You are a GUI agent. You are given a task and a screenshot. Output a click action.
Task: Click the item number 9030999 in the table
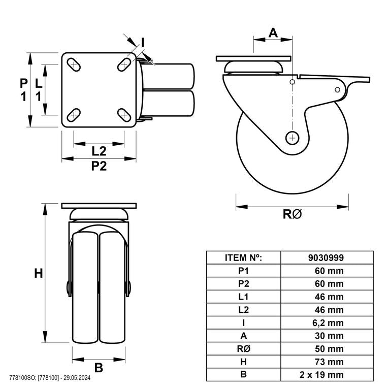tap(326, 257)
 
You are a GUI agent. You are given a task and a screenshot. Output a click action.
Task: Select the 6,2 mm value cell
tap(328, 323)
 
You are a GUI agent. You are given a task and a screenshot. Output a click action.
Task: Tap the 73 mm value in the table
tap(329, 362)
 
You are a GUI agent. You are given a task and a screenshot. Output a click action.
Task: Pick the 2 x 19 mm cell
tap(321, 375)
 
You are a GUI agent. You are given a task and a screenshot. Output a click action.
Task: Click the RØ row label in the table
tap(244, 349)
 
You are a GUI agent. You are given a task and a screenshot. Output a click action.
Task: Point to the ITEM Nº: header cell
tap(244, 257)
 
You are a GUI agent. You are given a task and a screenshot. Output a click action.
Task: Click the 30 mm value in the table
tap(329, 336)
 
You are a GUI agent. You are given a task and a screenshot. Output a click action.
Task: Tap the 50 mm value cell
tap(329, 349)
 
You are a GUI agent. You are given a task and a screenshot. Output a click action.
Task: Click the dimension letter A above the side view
tap(273, 32)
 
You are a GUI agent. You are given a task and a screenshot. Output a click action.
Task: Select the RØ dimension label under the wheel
tap(292, 214)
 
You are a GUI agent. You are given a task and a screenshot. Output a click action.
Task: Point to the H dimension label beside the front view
tap(38, 274)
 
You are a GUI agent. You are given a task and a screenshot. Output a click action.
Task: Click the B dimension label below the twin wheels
tap(99, 368)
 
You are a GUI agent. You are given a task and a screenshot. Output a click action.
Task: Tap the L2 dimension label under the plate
tap(99, 151)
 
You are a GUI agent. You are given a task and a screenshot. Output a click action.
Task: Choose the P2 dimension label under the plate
tap(99, 166)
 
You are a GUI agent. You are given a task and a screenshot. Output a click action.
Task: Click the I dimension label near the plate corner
tap(143, 43)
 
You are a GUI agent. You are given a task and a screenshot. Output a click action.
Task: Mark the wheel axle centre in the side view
tap(292, 138)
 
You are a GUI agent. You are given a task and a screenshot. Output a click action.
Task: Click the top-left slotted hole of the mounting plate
tap(74, 64)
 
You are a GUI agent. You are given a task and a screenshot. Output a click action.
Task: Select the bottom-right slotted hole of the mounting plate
tap(124, 115)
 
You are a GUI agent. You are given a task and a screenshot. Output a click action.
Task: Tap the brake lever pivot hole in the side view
tap(337, 90)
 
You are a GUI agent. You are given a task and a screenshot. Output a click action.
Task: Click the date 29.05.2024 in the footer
tap(77, 378)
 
